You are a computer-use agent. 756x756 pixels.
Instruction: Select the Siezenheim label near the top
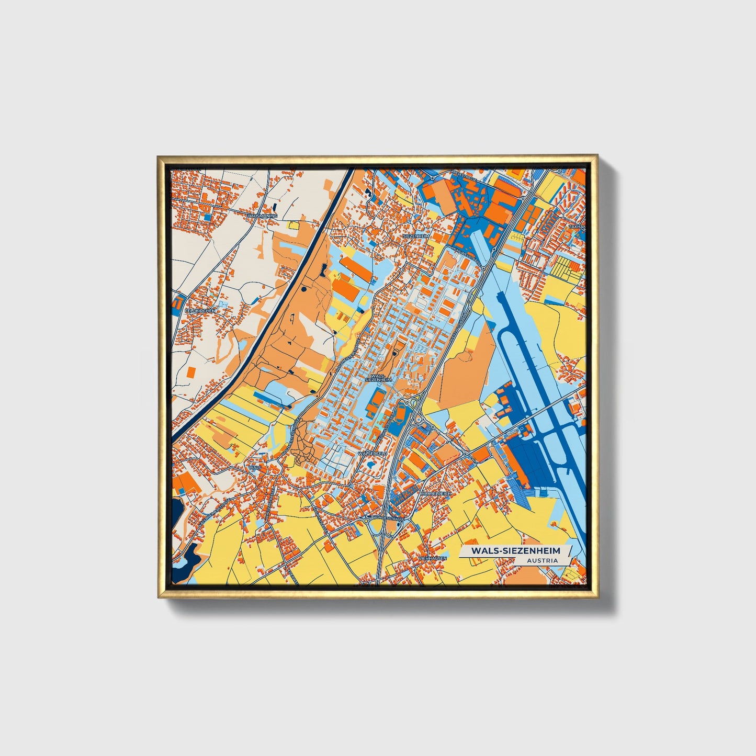416,236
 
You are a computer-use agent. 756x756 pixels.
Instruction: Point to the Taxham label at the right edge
578,227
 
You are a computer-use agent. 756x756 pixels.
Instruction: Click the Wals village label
255,467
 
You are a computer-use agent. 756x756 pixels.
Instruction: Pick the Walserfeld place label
373,454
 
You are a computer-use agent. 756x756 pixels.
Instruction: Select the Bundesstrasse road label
387,518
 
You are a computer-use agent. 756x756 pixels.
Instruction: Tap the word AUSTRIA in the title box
543,560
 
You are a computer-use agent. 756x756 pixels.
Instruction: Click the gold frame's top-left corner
159,156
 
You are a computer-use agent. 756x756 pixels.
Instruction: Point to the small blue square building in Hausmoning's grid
207,216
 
